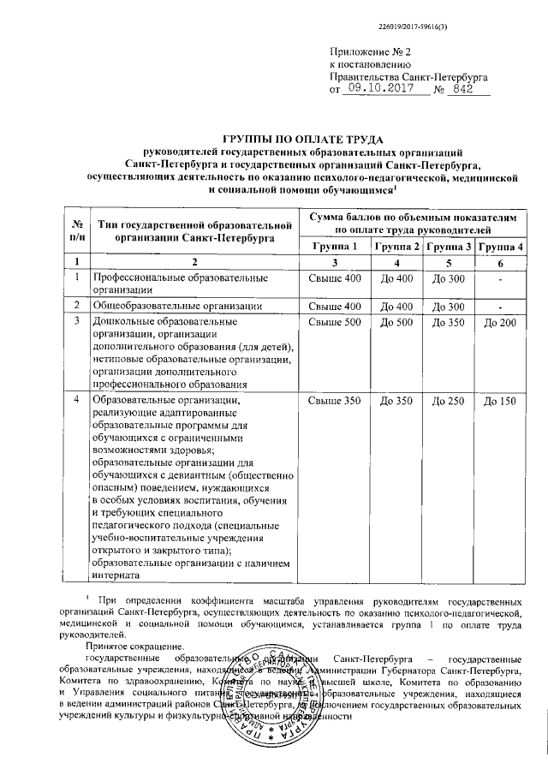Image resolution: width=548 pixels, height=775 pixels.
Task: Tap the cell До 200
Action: coord(500,323)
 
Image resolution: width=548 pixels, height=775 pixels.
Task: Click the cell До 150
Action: coord(500,402)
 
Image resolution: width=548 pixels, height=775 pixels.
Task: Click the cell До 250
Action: coord(450,402)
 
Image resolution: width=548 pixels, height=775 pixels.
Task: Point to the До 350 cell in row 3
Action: coord(450,323)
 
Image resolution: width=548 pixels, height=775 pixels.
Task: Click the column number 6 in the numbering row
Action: coord(500,262)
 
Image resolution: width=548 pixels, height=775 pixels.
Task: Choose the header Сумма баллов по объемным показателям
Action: coord(414,218)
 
